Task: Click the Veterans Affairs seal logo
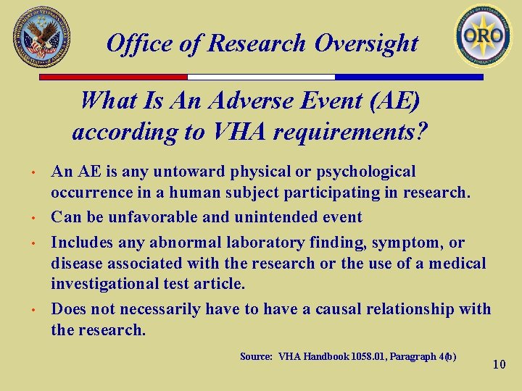click(42, 36)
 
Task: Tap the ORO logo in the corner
click(483, 35)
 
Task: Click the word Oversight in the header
click(366, 43)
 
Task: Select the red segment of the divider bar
click(113, 77)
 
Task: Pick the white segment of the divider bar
click(261, 77)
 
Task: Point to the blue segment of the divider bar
click(409, 77)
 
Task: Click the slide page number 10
click(499, 364)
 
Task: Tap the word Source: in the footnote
click(257, 356)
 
